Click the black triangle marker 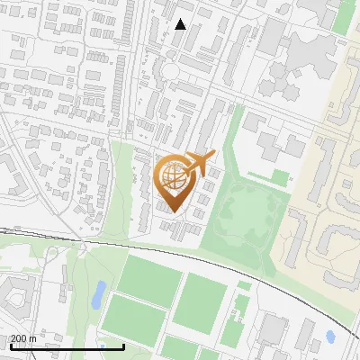tap(181, 24)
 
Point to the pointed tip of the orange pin tap(175, 213)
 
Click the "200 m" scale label tap(23, 338)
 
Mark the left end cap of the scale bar tap(10, 346)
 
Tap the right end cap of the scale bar tap(123, 346)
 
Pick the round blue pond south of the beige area tap(330, 337)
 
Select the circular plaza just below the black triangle tap(170, 70)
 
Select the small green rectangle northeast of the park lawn tap(281, 178)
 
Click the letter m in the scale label tap(32, 338)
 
